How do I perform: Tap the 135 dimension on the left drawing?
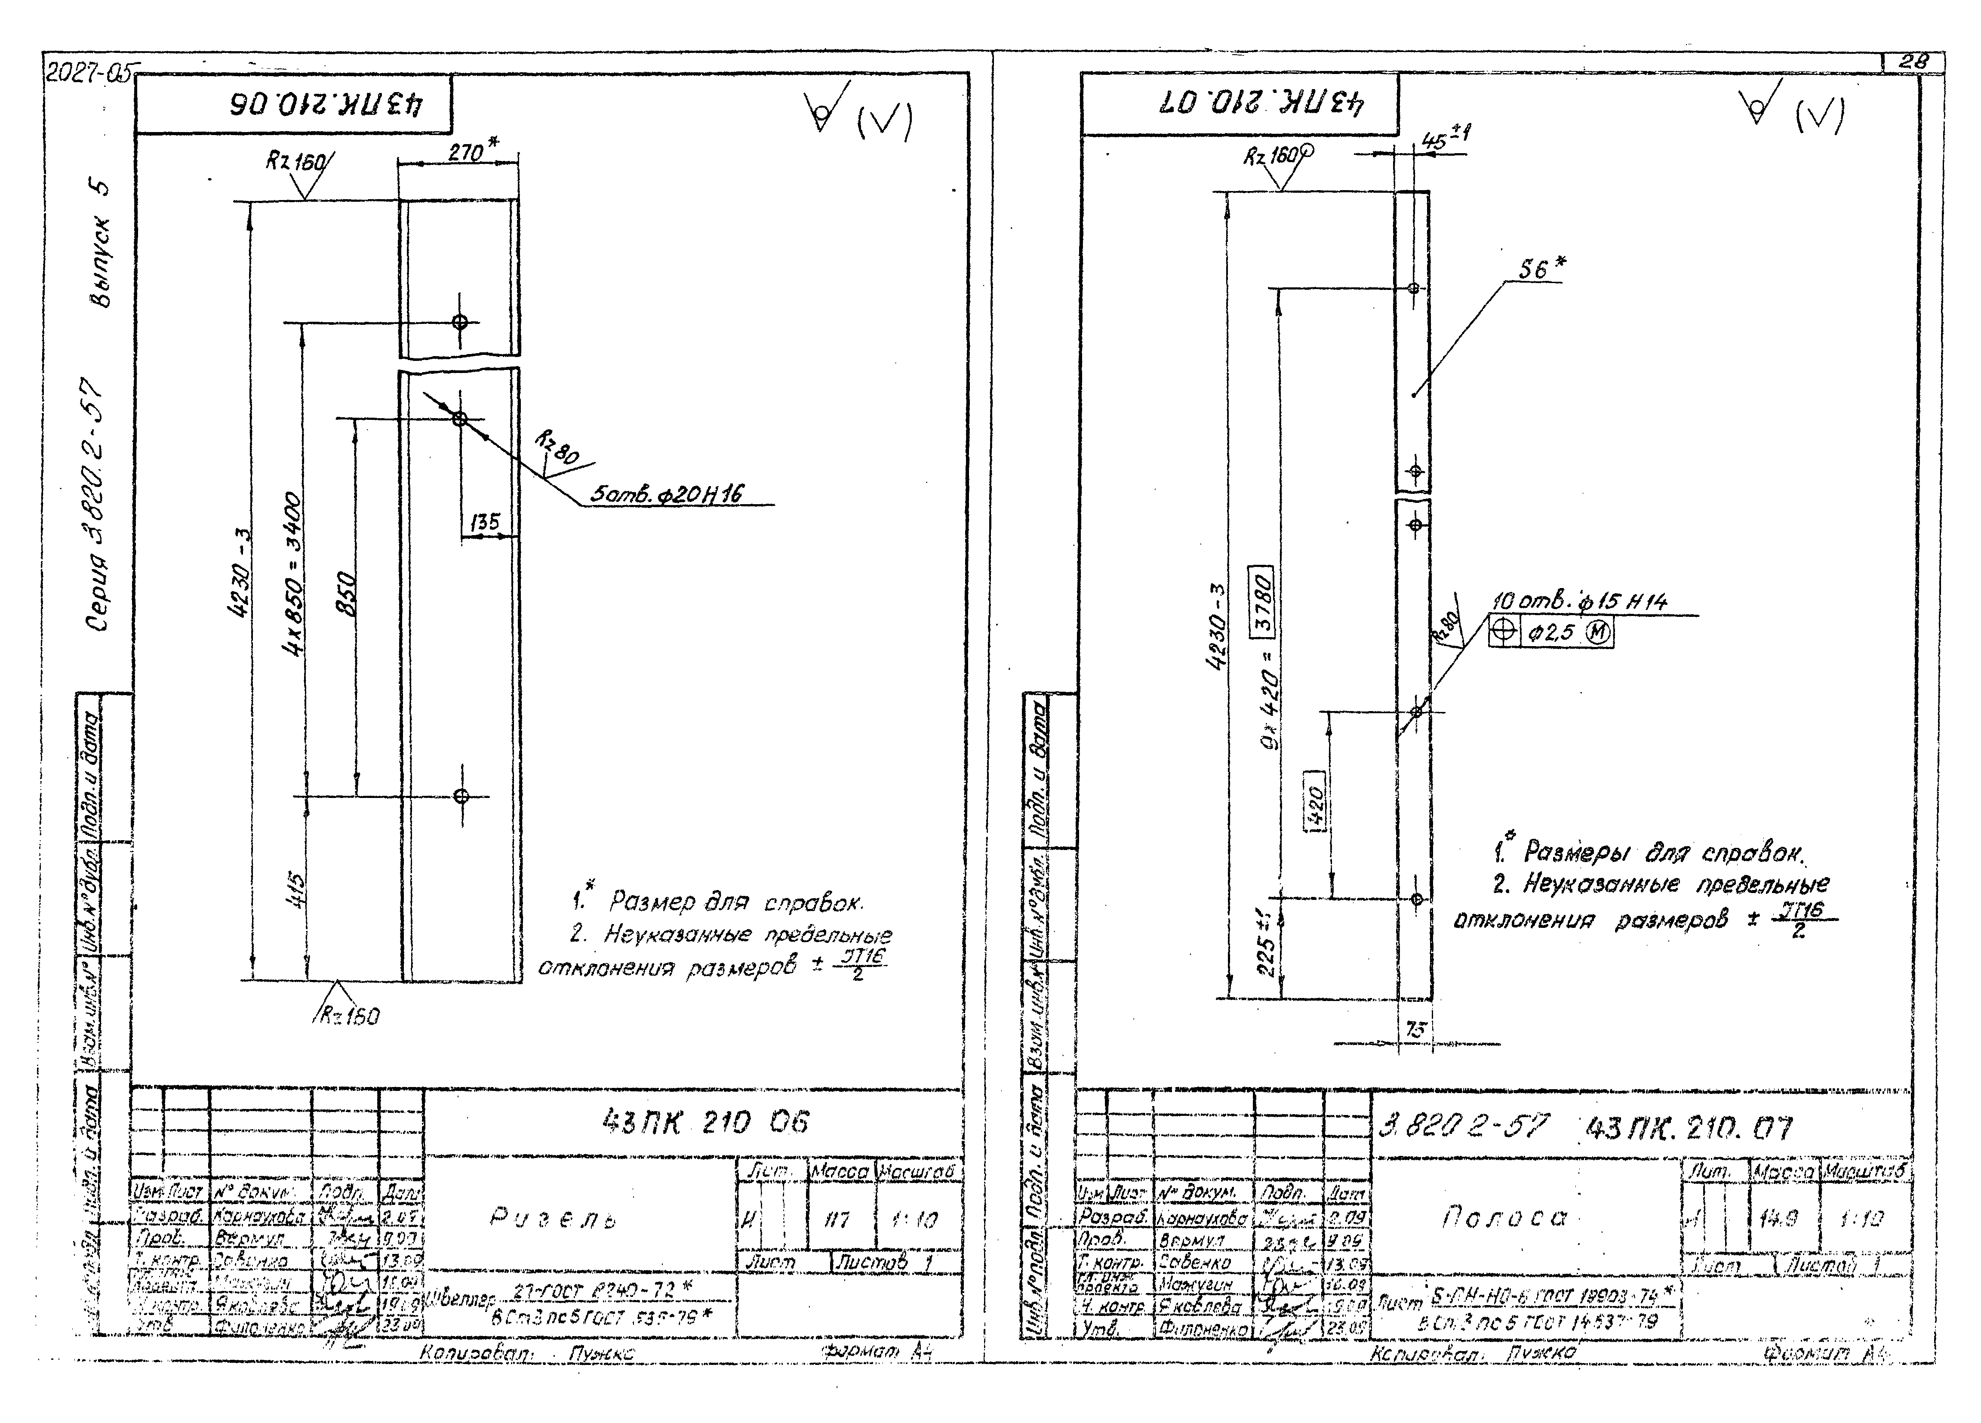485,522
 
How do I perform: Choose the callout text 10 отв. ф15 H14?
1579,602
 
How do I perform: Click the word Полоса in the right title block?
1504,1217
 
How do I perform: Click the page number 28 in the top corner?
1913,62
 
